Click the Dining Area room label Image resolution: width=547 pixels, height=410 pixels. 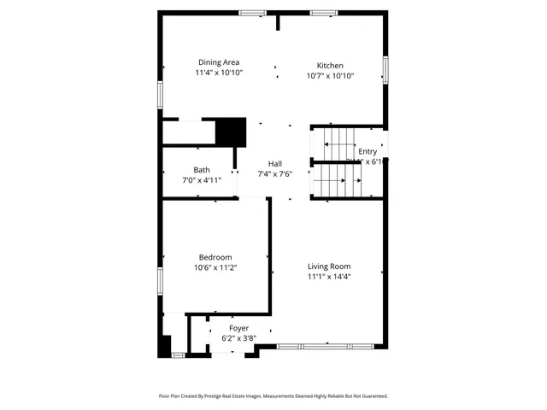click(x=219, y=62)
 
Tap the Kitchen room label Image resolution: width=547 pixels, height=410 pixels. click(x=330, y=66)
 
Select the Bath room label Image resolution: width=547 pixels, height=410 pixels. click(x=202, y=170)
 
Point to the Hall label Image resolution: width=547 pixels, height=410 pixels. click(x=275, y=164)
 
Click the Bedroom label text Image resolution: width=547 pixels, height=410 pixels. click(x=215, y=257)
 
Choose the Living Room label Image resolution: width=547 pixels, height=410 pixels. click(x=329, y=266)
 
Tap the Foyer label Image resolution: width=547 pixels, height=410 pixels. click(x=238, y=328)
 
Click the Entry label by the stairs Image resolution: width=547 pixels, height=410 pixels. click(x=368, y=151)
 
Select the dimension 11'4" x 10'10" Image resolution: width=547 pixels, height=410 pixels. click(x=219, y=73)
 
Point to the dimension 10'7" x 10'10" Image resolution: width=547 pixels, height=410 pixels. click(x=330, y=76)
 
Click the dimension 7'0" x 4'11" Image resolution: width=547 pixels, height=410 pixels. click(x=202, y=180)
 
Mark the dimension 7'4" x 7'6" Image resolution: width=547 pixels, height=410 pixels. click(x=275, y=174)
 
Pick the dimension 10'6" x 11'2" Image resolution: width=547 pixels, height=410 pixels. click(x=215, y=267)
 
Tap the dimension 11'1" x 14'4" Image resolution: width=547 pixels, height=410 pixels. click(x=329, y=276)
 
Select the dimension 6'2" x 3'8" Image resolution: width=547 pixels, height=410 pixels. click(x=238, y=338)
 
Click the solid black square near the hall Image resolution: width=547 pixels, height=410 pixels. click(x=231, y=132)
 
